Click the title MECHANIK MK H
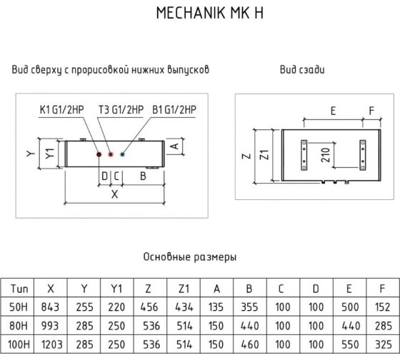pyautogui.click(x=210, y=13)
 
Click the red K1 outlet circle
pyautogui.click(x=99, y=154)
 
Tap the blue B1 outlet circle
pyautogui.click(x=122, y=154)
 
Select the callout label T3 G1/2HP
pyautogui.click(x=121, y=110)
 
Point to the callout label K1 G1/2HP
pyautogui.click(x=61, y=110)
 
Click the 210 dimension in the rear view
pyautogui.click(x=326, y=155)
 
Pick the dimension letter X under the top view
pyautogui.click(x=115, y=194)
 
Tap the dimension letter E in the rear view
pyautogui.click(x=333, y=111)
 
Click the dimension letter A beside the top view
pyautogui.click(x=175, y=146)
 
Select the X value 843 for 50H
pyautogui.click(x=50, y=307)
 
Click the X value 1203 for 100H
pyautogui.click(x=51, y=345)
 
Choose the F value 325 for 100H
pyautogui.click(x=384, y=345)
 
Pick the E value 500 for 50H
pyautogui.click(x=350, y=307)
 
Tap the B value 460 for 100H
pyautogui.click(x=250, y=345)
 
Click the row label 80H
pyautogui.click(x=18, y=326)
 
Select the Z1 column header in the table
pyautogui.click(x=184, y=289)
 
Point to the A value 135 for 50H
pyautogui.click(x=216, y=307)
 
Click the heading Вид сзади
pyautogui.click(x=302, y=70)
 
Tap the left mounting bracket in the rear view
pyautogui.click(x=304, y=155)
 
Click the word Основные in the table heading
pyautogui.click(x=166, y=256)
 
